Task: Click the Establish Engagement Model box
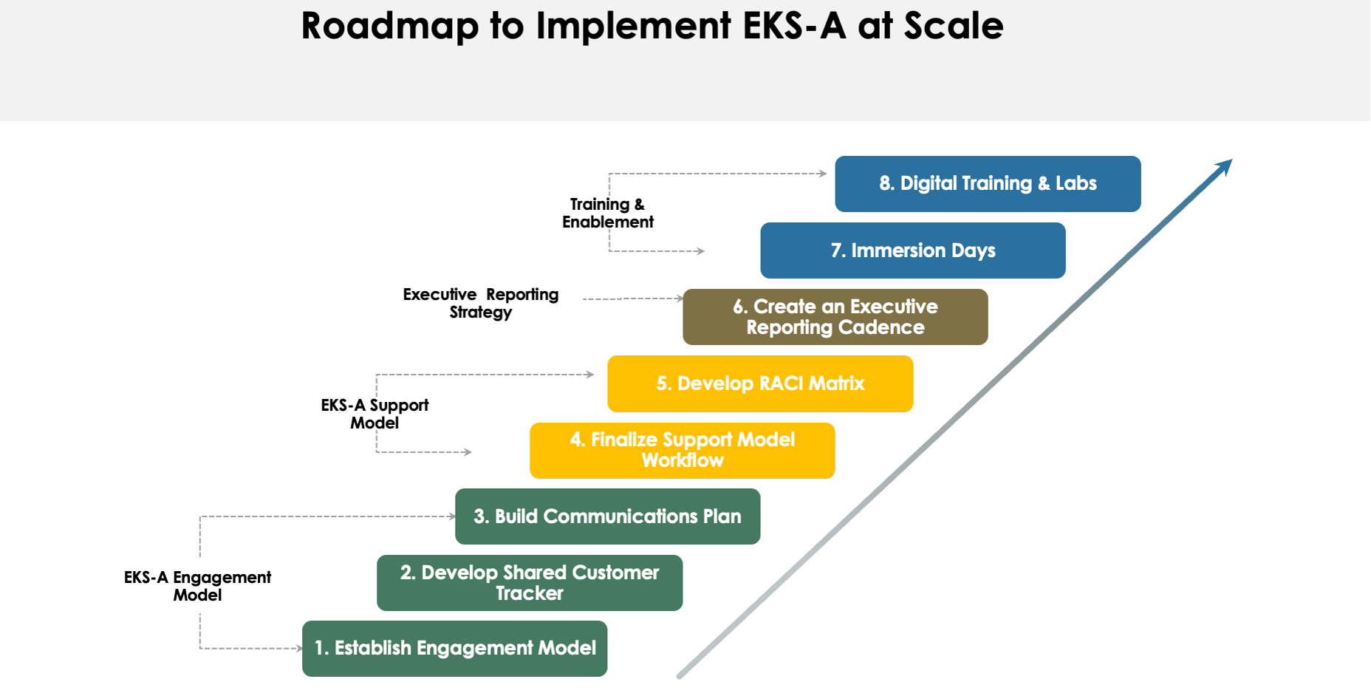tap(454, 648)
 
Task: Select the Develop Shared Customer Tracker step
tap(529, 583)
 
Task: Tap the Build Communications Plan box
tap(607, 516)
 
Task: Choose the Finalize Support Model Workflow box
tap(682, 450)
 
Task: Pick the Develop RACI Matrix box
tap(760, 383)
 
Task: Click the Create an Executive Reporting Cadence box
tap(835, 317)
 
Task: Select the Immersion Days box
tap(912, 250)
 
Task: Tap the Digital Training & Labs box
tap(988, 183)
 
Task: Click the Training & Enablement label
tap(607, 213)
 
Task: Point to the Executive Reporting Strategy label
tap(480, 303)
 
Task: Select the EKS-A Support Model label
tap(375, 414)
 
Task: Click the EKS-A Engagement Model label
tap(197, 586)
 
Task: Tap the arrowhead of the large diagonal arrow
tap(1224, 167)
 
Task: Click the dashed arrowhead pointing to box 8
tap(823, 174)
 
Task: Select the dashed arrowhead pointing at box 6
tap(680, 298)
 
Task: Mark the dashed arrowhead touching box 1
tap(298, 649)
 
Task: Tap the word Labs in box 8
tap(1076, 183)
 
